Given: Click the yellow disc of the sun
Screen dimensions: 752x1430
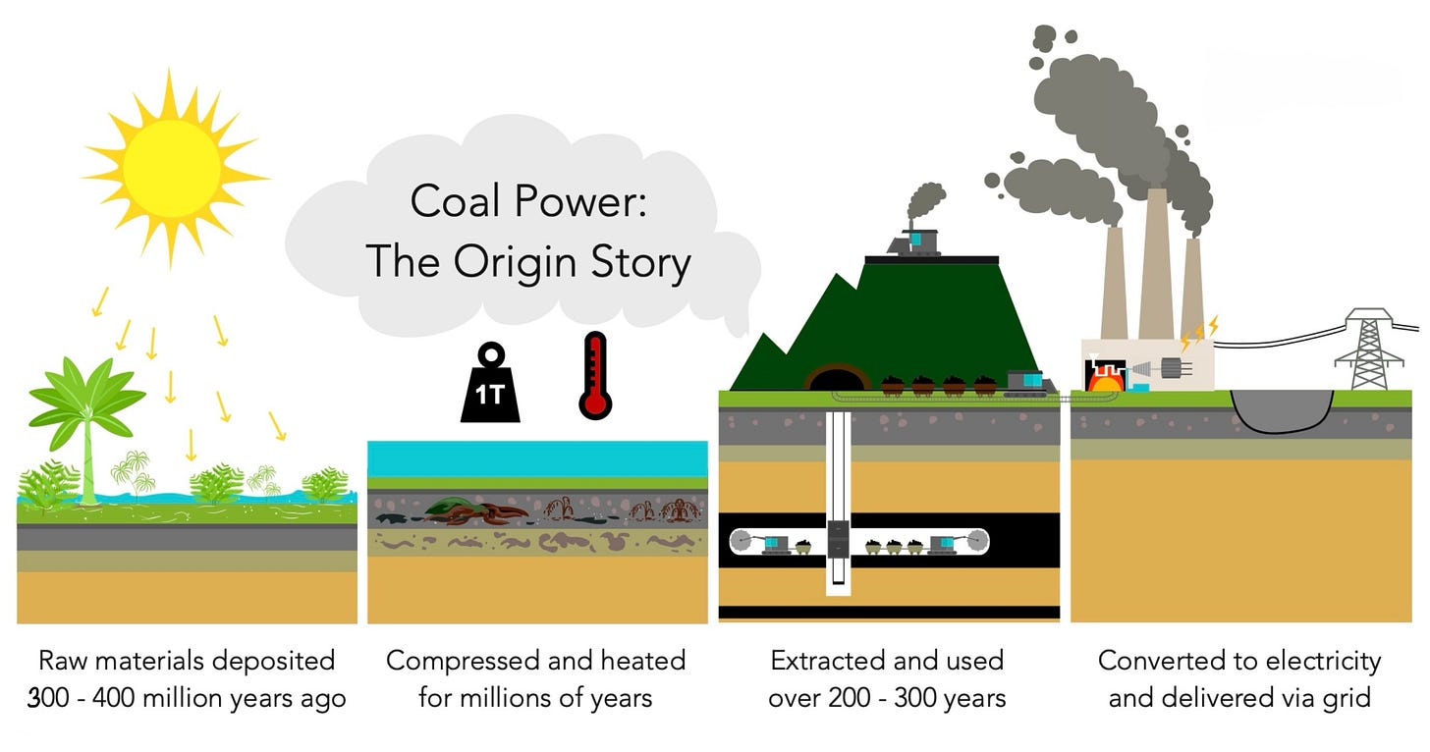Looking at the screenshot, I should point(172,163).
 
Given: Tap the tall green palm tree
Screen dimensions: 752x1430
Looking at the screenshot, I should point(87,412).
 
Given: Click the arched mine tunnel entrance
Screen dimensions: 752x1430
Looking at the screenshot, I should point(837,378).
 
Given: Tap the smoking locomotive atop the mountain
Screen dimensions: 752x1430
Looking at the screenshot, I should point(915,240).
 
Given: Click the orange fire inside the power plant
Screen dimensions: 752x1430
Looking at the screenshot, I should point(1101,377).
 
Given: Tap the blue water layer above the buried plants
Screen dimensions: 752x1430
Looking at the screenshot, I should point(537,457).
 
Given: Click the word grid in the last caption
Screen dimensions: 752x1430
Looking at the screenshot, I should point(1347,698).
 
